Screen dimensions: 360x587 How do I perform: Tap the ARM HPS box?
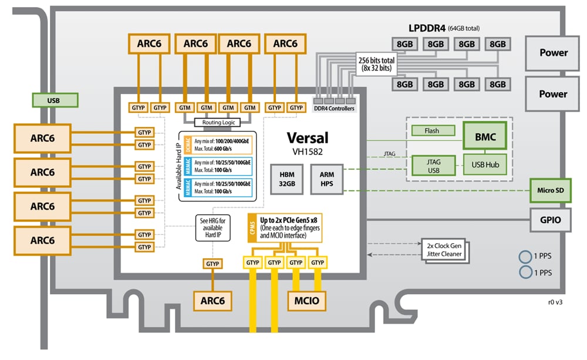pos(327,180)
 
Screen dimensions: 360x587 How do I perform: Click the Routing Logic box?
pos(217,122)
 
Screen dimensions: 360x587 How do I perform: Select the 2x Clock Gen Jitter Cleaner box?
pos(443,250)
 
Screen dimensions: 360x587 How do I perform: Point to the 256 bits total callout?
pos(376,65)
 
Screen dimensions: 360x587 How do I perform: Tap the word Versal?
pos(307,137)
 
